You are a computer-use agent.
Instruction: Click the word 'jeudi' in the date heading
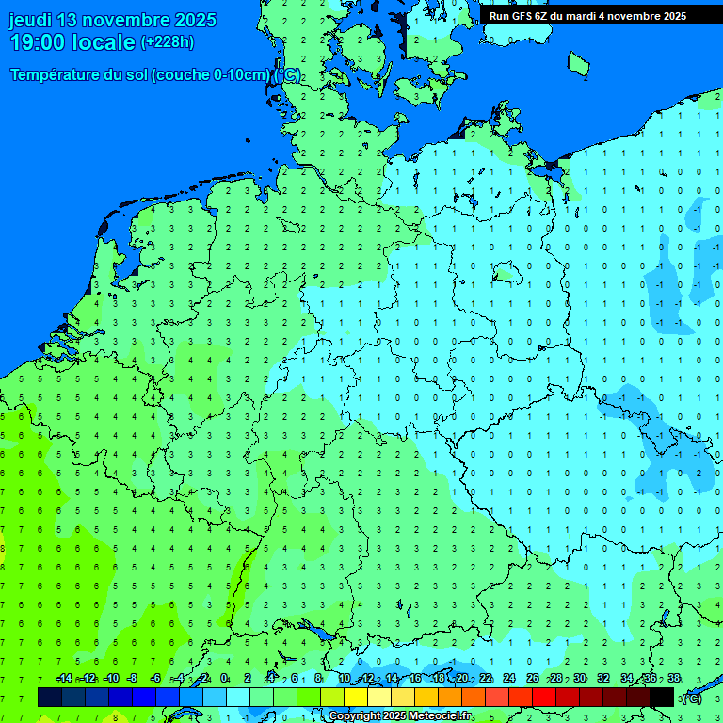31,20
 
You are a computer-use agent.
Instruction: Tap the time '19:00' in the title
39,42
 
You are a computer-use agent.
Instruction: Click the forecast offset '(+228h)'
168,42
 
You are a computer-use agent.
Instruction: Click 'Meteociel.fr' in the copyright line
442,716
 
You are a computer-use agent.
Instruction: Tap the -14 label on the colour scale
64,679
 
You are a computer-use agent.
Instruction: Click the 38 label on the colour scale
674,679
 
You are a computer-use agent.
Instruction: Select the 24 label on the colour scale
509,679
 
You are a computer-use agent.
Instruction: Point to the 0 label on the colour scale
224,679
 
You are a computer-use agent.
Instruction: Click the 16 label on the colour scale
415,679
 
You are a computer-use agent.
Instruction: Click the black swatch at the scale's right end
662,698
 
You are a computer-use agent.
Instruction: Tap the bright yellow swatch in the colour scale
356,698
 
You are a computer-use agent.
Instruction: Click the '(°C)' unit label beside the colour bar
692,698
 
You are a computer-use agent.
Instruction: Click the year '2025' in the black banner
673,16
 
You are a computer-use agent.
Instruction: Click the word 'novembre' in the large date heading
128,20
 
